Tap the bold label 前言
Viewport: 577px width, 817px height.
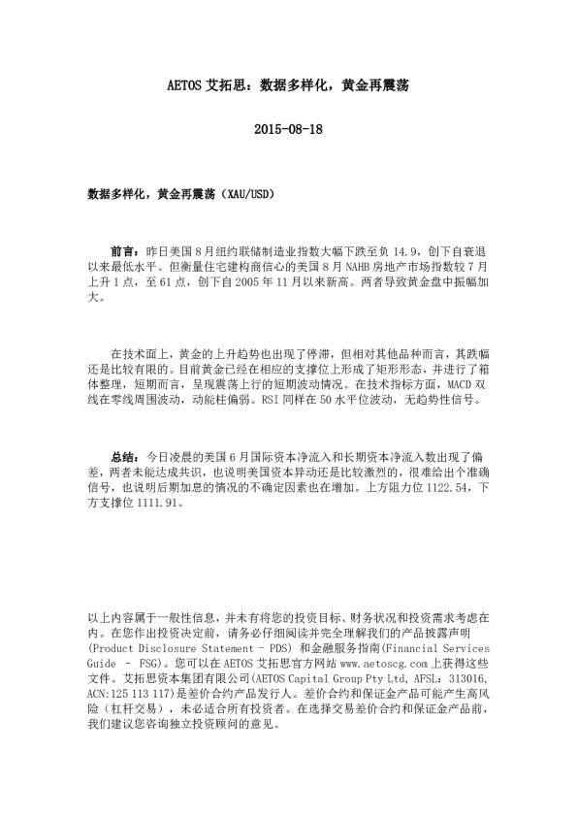click(123, 249)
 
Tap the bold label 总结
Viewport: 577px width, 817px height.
click(123, 454)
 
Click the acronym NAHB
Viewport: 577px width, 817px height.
click(332, 266)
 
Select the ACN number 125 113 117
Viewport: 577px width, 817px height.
click(139, 697)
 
